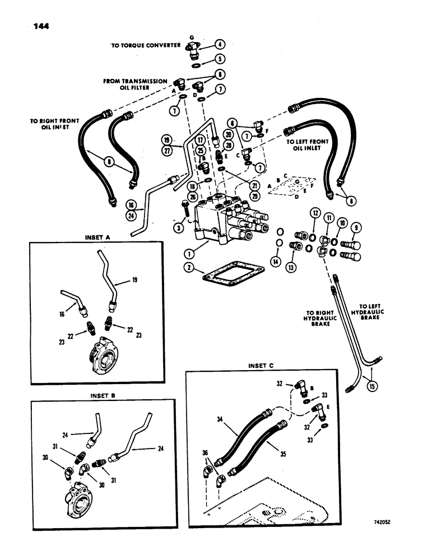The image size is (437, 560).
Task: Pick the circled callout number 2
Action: (x=192, y=268)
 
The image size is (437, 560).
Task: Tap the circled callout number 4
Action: (x=220, y=44)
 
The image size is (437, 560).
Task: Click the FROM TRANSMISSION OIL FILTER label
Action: (x=135, y=85)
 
